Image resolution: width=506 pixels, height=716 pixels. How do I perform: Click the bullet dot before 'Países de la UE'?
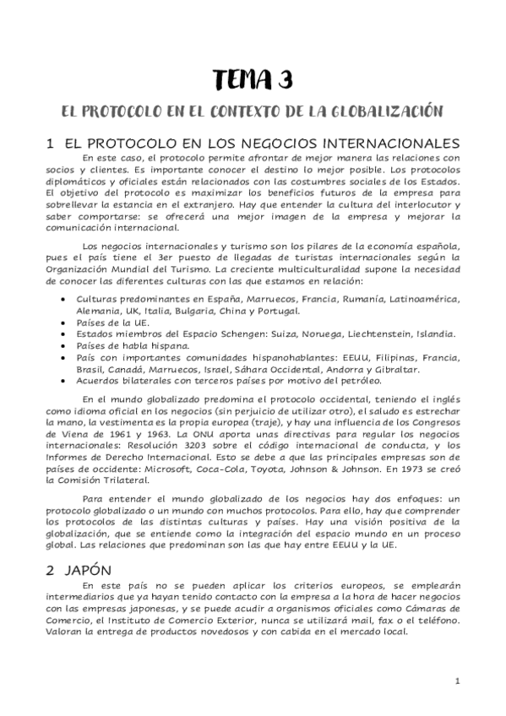(x=67, y=323)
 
